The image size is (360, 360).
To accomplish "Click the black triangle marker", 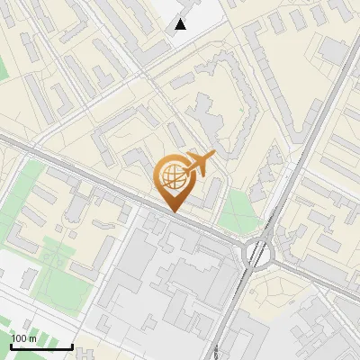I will click(181, 24).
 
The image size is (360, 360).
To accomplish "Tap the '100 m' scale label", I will click(23, 338).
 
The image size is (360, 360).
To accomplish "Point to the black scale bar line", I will click(41, 347).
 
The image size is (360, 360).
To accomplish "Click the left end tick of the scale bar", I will click(11, 345).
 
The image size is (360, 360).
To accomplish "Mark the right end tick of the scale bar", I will click(72, 345).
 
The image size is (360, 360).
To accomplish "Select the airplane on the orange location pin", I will click(198, 165).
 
